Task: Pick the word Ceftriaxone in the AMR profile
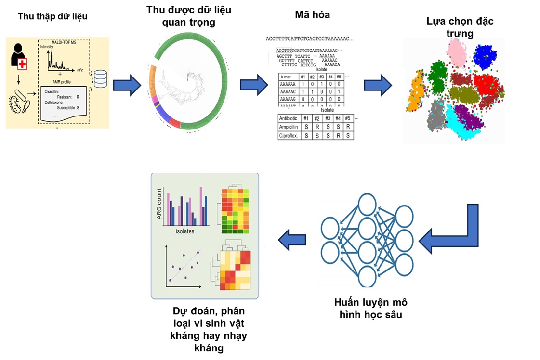[54, 102]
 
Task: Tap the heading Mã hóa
[312, 15]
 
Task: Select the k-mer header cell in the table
[288, 77]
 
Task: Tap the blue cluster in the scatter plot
[485, 57]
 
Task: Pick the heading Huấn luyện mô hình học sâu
[370, 309]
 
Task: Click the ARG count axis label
[158, 208]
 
